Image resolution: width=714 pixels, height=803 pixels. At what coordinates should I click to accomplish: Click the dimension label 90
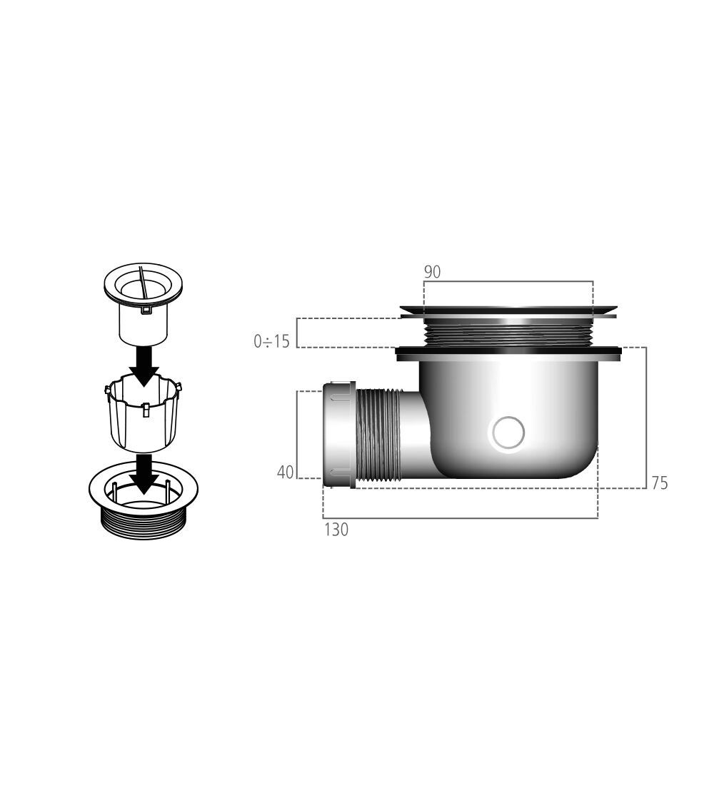point(432,272)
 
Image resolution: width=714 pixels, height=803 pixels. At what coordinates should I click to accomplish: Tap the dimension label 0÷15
point(272,341)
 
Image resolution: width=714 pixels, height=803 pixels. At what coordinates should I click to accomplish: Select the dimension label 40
point(285,472)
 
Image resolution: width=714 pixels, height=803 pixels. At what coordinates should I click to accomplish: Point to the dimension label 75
point(660,483)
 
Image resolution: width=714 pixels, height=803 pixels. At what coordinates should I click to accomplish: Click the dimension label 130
point(336,530)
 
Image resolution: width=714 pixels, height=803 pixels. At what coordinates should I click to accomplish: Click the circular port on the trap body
point(508,433)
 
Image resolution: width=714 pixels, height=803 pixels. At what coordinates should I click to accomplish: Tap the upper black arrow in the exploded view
point(144,363)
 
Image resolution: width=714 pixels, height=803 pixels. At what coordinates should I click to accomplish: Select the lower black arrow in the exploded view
point(144,473)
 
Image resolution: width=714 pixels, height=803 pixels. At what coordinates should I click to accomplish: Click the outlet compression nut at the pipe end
point(338,435)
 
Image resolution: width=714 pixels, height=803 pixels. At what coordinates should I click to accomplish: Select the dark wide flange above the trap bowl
point(508,352)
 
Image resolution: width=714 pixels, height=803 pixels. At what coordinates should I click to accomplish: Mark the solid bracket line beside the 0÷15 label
point(297,333)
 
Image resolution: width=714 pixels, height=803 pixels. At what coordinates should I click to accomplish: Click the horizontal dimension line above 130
point(460,518)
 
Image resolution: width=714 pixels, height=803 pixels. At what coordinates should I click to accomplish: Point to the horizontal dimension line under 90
point(508,281)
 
